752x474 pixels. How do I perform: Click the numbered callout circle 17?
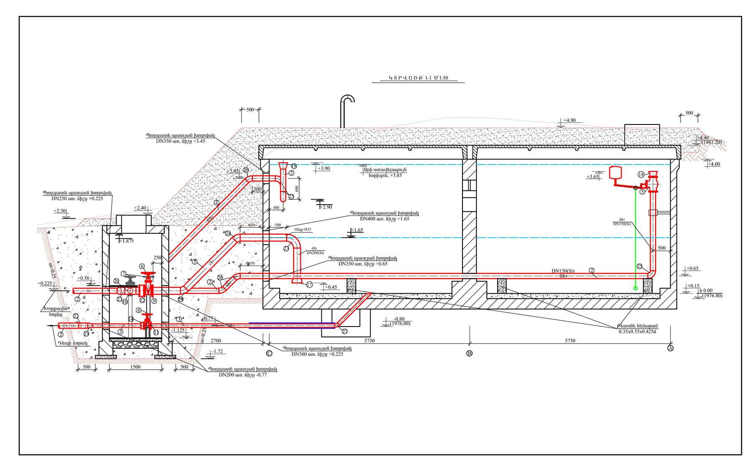(310, 285)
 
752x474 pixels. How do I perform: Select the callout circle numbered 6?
(142, 266)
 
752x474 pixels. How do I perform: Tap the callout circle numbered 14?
(131, 319)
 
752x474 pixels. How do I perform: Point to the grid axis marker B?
(469, 353)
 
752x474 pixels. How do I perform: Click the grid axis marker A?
(671, 348)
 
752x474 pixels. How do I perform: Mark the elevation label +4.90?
(569, 120)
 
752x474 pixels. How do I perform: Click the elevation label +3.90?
(324, 169)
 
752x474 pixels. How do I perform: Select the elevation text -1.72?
(217, 352)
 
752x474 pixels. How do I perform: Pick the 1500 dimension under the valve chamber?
(135, 367)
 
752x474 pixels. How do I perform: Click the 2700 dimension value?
(216, 341)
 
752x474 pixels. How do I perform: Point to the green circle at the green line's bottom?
(635, 288)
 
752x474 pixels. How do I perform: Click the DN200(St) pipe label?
(315, 253)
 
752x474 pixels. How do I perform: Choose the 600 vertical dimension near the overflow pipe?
(297, 188)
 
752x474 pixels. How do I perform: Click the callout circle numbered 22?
(76, 316)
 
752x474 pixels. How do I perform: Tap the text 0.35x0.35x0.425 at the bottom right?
(637, 332)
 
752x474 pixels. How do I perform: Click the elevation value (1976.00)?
(400, 324)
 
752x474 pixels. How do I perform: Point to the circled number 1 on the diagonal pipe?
(195, 262)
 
